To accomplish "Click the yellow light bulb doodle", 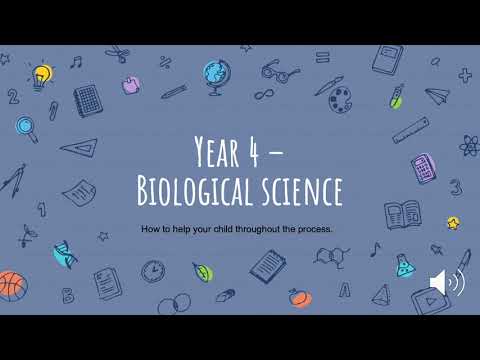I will pyautogui.click(x=41, y=73).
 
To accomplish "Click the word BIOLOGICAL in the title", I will pyautogui.click(x=209, y=190).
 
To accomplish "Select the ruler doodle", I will pyautogui.click(x=411, y=130).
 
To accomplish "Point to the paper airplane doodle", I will pyautogui.click(x=437, y=96).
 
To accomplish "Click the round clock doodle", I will pyautogui.click(x=153, y=271).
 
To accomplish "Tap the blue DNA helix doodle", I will pyautogui.click(x=64, y=254).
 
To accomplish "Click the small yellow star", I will pyautogui.click(x=453, y=222).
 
